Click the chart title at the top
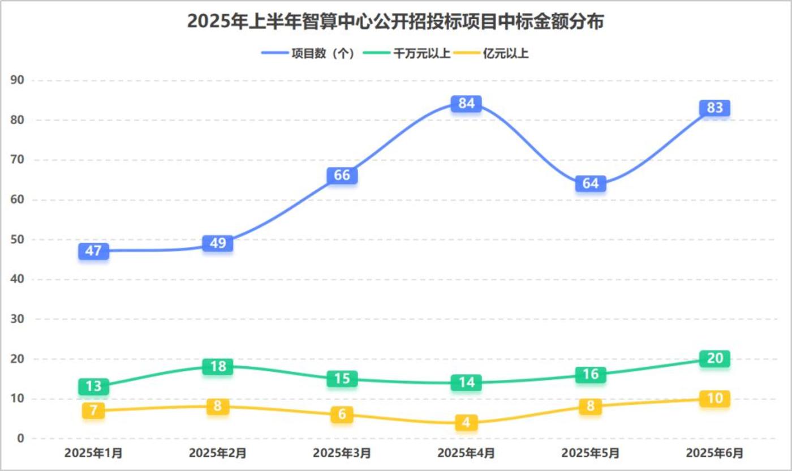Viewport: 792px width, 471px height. [x=396, y=22]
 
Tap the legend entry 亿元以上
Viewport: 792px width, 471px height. [x=506, y=54]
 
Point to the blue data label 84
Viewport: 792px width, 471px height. [x=466, y=104]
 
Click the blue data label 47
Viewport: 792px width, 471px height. [x=93, y=251]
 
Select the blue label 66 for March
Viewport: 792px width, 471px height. [x=342, y=175]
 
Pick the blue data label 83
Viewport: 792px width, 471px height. [x=714, y=108]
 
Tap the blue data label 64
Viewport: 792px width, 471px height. [x=591, y=183]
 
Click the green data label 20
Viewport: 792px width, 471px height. [x=714, y=358]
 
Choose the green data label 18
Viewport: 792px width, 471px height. [x=218, y=366]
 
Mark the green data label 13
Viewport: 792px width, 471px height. [x=93, y=387]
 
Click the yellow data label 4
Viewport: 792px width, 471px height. [x=466, y=422]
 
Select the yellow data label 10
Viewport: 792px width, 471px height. [x=714, y=399]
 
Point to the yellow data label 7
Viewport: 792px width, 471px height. [x=93, y=410]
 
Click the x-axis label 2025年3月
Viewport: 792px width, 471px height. [x=342, y=453]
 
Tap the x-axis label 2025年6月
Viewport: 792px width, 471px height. [x=714, y=453]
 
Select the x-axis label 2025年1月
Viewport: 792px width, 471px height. [x=93, y=453]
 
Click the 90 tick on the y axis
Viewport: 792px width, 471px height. [x=18, y=80]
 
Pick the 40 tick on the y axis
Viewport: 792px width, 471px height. [x=18, y=280]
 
